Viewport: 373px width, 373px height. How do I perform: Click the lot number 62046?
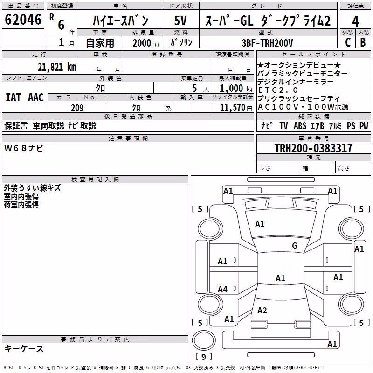point(23,20)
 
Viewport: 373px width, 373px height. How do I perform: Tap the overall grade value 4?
point(355,21)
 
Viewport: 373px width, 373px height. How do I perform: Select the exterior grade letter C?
point(348,42)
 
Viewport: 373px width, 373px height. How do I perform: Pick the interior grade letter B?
point(363,42)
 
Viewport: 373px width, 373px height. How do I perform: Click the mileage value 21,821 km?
point(57,67)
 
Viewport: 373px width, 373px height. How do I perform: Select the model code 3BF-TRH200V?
point(267,43)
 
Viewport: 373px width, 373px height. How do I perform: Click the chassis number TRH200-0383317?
point(313,148)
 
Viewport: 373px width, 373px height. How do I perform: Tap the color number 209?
point(77,108)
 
